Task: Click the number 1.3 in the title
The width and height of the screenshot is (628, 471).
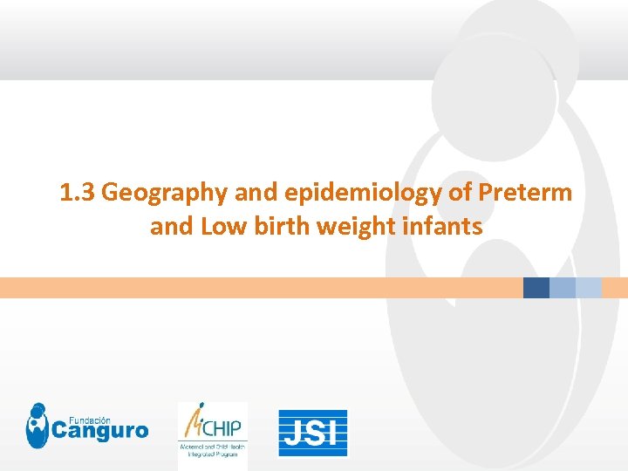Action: pos(78,193)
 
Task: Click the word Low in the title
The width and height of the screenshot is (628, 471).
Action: pos(218,227)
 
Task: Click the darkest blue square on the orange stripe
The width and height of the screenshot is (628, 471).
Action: pos(536,288)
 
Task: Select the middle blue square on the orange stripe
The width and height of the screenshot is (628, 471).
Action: pos(563,288)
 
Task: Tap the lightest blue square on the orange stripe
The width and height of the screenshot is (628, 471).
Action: pos(589,288)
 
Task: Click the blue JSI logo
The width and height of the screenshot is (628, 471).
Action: pos(313,433)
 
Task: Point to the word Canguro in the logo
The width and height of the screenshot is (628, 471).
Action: pos(99,431)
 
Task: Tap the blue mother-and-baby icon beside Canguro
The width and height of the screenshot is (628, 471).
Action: pos(38,426)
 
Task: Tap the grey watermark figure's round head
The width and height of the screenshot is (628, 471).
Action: pos(494,83)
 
